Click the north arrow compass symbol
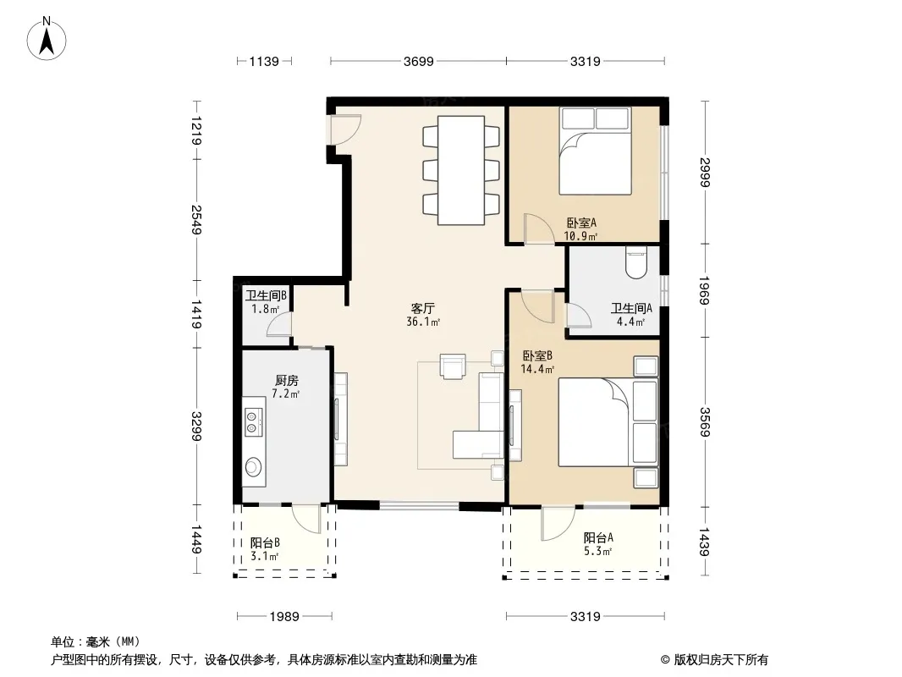point(47,39)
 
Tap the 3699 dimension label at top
point(418,62)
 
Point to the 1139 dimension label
point(264,62)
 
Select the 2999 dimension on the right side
point(705,172)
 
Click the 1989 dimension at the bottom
point(284,617)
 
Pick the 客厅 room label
point(423,308)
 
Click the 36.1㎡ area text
point(423,322)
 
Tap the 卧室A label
point(581,223)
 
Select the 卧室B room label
point(537,356)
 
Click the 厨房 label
point(287,380)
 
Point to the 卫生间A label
point(631,308)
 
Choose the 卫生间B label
point(266,295)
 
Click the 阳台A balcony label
point(598,538)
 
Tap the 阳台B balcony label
point(265,542)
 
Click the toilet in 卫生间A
point(635,263)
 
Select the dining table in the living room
point(461,170)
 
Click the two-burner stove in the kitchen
point(254,421)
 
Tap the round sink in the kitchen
point(253,466)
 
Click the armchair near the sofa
point(452,366)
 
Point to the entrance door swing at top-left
point(345,129)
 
